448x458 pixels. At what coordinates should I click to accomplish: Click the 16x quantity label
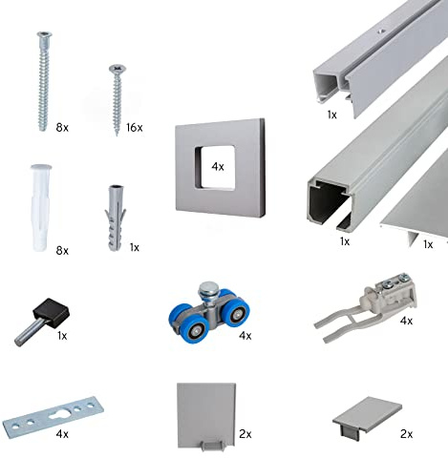(x=134, y=128)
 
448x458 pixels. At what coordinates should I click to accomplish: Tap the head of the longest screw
(x=44, y=34)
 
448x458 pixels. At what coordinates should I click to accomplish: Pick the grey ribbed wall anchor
(x=115, y=218)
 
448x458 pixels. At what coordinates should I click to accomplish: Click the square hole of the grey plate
(x=215, y=167)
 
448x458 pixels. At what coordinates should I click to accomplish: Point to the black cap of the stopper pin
(x=52, y=310)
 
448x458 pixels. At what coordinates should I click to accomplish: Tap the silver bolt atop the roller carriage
(x=207, y=290)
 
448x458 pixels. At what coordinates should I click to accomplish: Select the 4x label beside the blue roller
(x=245, y=335)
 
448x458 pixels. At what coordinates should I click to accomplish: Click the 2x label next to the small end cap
(x=406, y=434)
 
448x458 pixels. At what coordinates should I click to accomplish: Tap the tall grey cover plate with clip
(x=206, y=416)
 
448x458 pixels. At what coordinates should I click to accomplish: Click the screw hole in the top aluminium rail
(x=380, y=31)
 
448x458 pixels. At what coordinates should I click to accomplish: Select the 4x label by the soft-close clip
(x=406, y=321)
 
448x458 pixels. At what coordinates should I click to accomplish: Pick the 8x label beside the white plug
(x=62, y=251)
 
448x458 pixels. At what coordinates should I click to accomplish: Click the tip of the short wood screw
(x=117, y=135)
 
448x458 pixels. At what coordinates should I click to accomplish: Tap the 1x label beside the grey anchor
(x=135, y=247)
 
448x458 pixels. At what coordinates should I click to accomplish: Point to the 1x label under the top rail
(x=331, y=114)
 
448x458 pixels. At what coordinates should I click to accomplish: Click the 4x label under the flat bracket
(x=62, y=434)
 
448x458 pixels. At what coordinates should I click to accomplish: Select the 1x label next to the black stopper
(x=62, y=335)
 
